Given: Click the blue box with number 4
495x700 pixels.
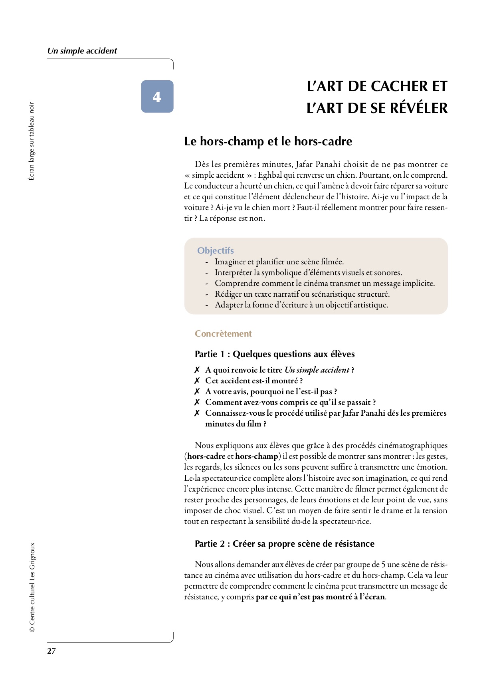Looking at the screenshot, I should coord(157,97).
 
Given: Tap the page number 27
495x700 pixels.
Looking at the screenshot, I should coord(51,651).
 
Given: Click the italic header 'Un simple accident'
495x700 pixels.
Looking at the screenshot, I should coord(82,51).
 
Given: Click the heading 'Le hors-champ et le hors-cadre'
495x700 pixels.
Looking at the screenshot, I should coord(268,141).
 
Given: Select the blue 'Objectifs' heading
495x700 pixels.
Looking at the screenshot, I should coord(215,250).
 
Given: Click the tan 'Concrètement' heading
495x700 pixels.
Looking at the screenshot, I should coord(223,333).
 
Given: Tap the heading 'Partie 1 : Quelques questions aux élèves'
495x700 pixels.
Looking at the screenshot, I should coord(275,354).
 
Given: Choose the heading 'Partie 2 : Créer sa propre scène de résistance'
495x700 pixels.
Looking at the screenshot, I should coord(284,543).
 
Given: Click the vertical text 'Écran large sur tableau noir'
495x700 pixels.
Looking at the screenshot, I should coord(32,141).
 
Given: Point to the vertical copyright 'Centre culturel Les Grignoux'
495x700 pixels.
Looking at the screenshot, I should coord(32,587).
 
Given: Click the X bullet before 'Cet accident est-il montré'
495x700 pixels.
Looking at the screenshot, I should coord(197,381).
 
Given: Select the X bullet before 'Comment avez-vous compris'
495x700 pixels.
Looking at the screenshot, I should coord(197,402).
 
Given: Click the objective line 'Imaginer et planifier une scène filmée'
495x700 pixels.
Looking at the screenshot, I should coord(279,262).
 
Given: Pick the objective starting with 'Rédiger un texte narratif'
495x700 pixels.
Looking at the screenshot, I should coord(302,294).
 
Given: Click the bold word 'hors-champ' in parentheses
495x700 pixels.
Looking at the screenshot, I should coord(257,456).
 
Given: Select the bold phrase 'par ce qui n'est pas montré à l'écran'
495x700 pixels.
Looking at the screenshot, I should coord(321,597).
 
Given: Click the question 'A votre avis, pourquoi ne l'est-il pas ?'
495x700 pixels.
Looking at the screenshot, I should coord(271,391).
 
